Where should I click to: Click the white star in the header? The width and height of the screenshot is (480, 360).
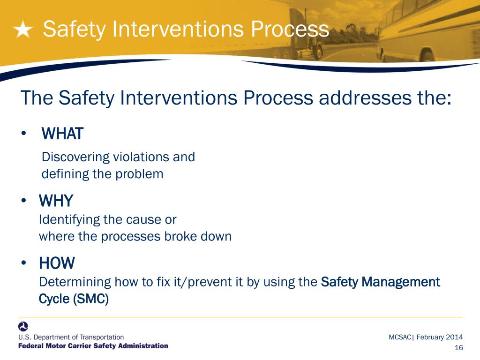[x=22, y=30]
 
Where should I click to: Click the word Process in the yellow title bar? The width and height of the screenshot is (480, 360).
[x=289, y=29]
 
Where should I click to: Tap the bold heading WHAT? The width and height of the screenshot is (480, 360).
[x=62, y=134]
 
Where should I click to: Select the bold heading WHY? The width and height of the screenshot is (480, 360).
[x=56, y=201]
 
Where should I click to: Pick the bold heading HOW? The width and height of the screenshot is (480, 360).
[x=57, y=263]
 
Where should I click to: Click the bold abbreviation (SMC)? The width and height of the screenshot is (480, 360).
[x=91, y=299]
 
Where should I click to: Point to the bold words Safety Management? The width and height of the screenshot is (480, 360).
[x=380, y=282]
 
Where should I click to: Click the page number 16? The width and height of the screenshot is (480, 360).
[x=458, y=347]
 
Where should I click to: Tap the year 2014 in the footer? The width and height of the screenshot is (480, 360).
[x=454, y=337]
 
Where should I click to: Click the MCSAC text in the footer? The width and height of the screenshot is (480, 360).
[x=400, y=337]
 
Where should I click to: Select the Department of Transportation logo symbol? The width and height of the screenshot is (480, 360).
[x=23, y=326]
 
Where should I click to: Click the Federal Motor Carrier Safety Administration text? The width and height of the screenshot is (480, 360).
[x=93, y=346]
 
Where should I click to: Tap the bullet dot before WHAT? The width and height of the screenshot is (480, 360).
[x=23, y=135]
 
